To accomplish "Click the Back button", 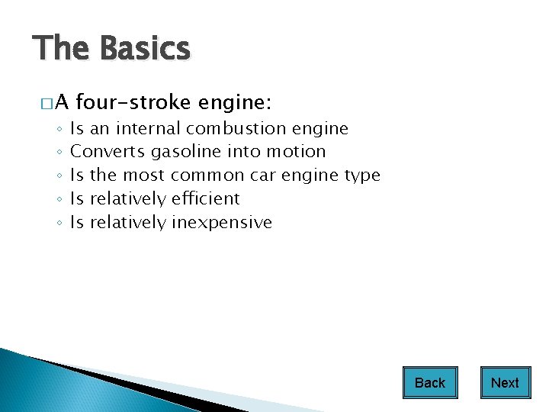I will coord(430,383).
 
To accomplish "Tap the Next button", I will coord(505,383).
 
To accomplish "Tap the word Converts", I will coord(108,151).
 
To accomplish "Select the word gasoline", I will coord(186,152).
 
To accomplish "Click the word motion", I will coord(296,151).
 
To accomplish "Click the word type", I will coord(362,175).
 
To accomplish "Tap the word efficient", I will coord(205,198).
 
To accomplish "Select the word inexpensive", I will coord(222,223).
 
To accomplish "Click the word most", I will coord(143,175).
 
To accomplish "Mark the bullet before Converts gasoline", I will coord(59,153).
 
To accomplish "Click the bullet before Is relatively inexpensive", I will coord(59,224).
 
